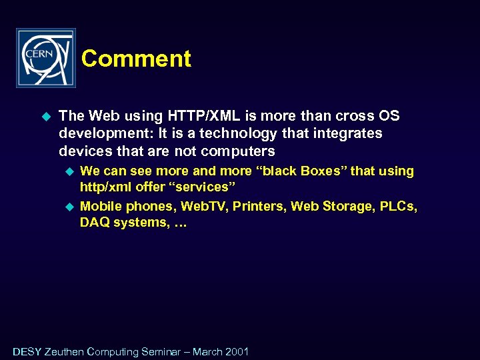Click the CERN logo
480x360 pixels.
46,58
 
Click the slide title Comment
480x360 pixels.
136,59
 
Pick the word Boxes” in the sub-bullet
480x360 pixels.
324,171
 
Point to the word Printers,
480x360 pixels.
260,206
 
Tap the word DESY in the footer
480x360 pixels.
27,351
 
